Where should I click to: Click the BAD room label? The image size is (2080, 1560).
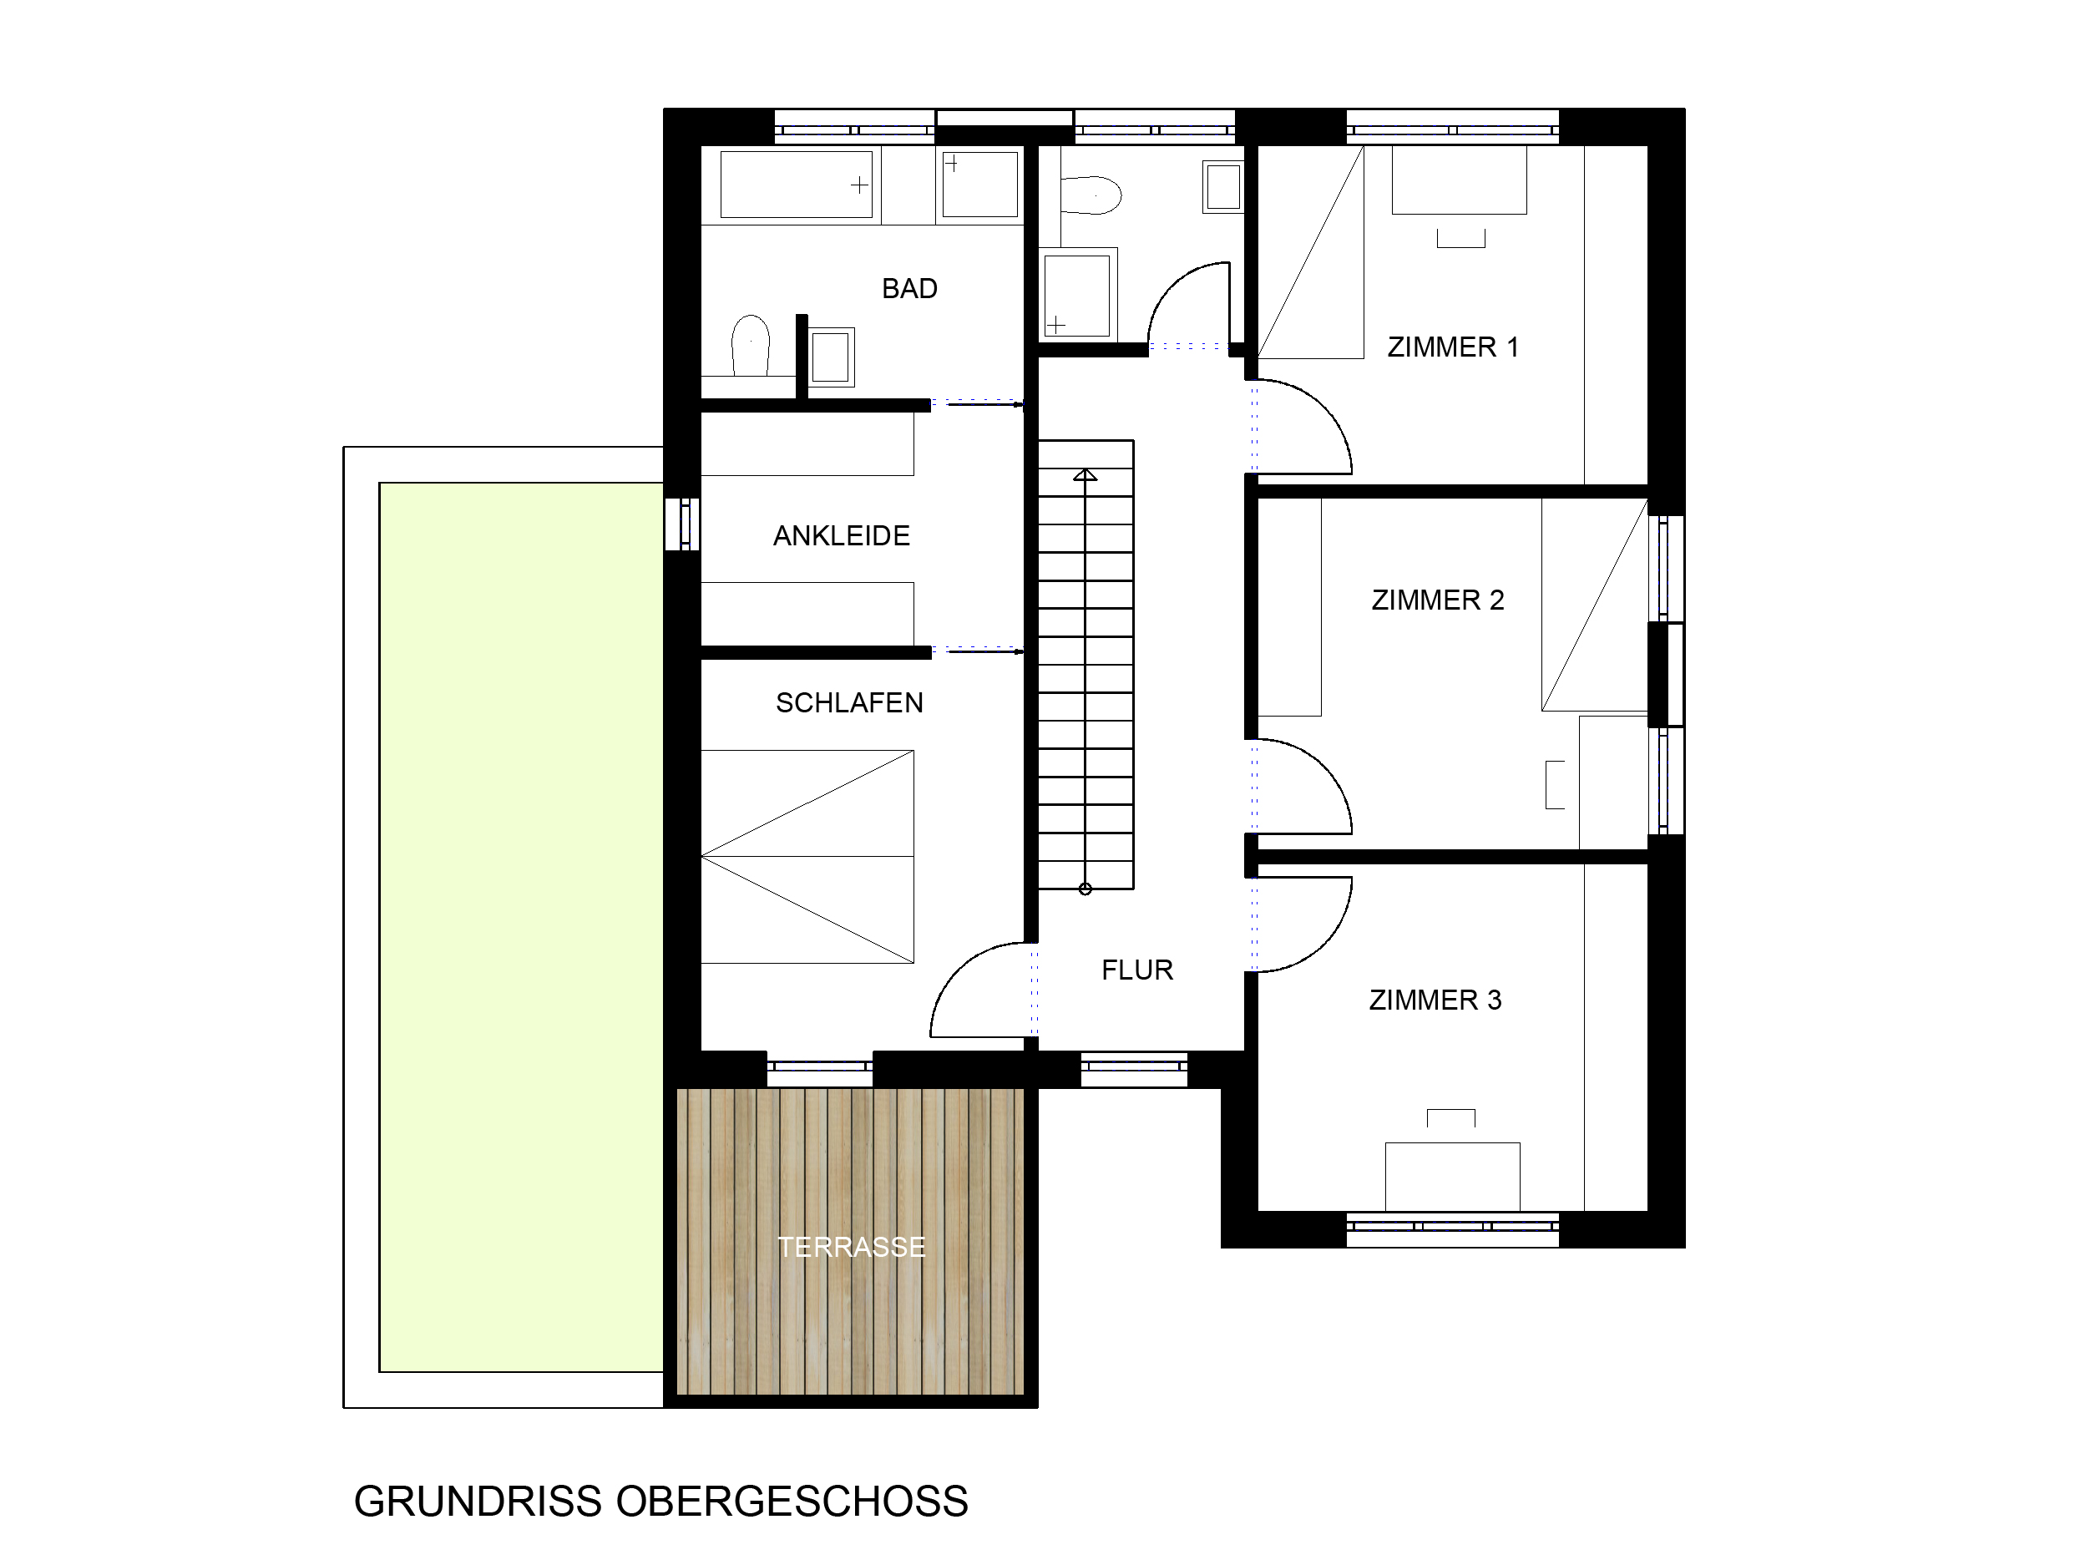pos(909,289)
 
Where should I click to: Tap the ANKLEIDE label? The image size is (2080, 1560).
pos(842,536)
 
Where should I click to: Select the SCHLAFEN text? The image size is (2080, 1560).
pos(849,703)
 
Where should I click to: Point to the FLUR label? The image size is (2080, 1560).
pos(1136,970)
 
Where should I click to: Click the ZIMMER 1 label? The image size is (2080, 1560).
pos(1453,347)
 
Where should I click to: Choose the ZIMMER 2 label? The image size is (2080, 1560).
pos(1438,600)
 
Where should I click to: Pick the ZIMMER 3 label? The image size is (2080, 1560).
pos(1435,1000)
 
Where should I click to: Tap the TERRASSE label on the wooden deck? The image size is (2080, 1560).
pos(851,1247)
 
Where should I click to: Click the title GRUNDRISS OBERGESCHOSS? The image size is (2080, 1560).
pos(661,1502)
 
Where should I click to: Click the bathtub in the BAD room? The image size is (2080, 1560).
pos(797,185)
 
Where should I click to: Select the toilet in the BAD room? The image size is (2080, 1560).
pos(751,345)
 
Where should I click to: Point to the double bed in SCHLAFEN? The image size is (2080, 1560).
pos(807,857)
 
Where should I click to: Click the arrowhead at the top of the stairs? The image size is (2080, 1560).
pos(1086,475)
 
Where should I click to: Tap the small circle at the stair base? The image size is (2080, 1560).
pos(1086,889)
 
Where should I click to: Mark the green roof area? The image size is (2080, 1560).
pos(521,927)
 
